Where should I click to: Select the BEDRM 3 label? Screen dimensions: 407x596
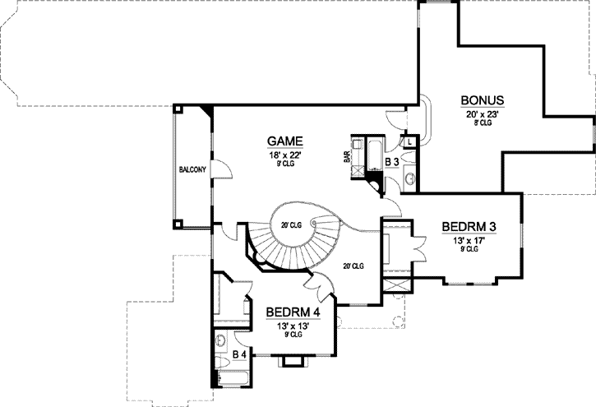point(468,227)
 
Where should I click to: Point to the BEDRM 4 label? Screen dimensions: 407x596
point(292,313)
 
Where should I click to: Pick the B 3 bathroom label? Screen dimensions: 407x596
point(393,163)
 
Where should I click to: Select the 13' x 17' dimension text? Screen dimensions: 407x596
point(469,241)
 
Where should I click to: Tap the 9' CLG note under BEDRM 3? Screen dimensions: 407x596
point(469,251)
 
